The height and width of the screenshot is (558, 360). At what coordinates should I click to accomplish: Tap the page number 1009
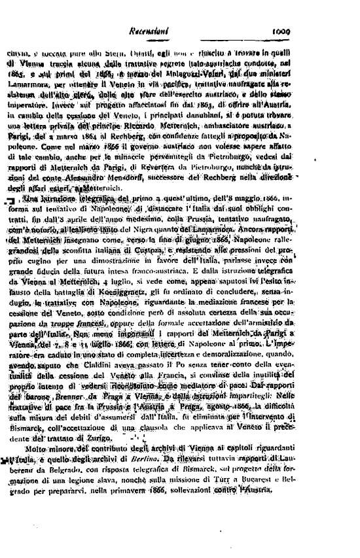pyautogui.click(x=285, y=30)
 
